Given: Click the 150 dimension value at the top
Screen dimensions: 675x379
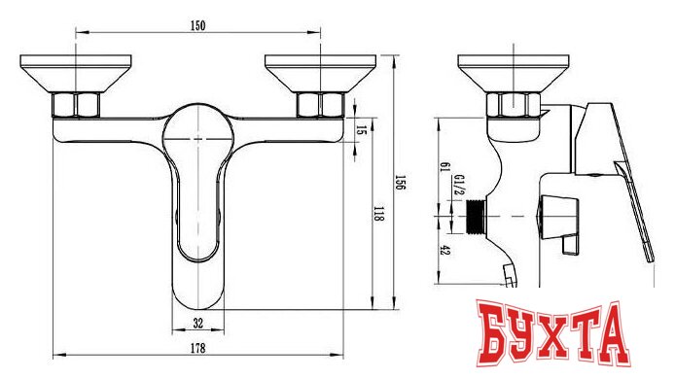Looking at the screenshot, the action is (x=198, y=26).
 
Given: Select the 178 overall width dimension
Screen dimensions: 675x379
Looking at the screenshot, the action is (x=198, y=348).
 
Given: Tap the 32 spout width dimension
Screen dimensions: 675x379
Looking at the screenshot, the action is (x=198, y=323).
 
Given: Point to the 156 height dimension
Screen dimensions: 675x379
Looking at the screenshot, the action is (x=401, y=182).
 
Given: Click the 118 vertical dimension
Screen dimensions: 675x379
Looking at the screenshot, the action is (x=378, y=214).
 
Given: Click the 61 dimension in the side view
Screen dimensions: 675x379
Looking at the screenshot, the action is (x=444, y=167).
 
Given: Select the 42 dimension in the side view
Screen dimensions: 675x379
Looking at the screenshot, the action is (x=444, y=251).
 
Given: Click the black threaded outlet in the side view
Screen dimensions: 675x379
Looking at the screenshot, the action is (x=477, y=217).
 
